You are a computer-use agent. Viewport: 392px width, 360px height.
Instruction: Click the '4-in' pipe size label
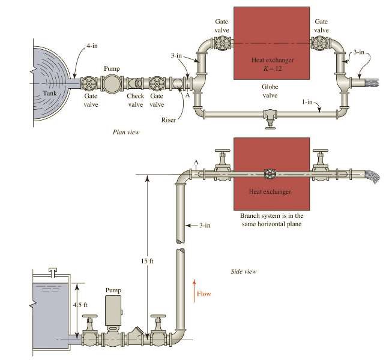coord(92,46)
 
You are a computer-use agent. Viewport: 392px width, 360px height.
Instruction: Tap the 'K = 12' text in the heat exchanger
coord(273,68)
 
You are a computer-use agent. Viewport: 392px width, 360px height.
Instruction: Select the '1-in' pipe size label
coord(307,102)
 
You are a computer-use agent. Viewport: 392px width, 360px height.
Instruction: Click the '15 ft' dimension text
coord(147,261)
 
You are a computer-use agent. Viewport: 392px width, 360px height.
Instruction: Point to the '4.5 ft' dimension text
coord(80,305)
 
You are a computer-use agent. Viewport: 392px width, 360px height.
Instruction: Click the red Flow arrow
coord(194,291)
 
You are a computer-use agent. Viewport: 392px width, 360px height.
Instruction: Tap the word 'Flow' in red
coord(204,294)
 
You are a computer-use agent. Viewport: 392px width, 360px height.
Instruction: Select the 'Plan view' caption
coord(125,132)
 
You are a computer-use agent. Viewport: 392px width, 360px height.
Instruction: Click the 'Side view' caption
coord(244,272)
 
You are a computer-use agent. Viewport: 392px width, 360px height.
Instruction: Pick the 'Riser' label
coord(169,120)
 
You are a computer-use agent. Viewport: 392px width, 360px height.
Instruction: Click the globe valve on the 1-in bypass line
coord(271,118)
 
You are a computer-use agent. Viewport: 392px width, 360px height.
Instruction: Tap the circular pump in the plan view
coord(112,83)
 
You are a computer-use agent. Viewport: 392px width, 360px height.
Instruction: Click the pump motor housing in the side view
coord(113,311)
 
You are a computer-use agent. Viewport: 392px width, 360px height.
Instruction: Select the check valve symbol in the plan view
coord(136,83)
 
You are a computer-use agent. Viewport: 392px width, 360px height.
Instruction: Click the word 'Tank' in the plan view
coord(50,94)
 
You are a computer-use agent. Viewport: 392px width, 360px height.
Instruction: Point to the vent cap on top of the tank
coord(53,272)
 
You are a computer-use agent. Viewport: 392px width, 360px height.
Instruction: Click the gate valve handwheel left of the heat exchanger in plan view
coord(222,43)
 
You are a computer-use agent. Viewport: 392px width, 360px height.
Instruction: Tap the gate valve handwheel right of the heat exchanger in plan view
coord(319,43)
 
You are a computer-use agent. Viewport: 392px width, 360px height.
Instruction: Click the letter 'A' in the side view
coord(196,162)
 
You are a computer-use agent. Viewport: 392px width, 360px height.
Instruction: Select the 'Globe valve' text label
coord(270,91)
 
